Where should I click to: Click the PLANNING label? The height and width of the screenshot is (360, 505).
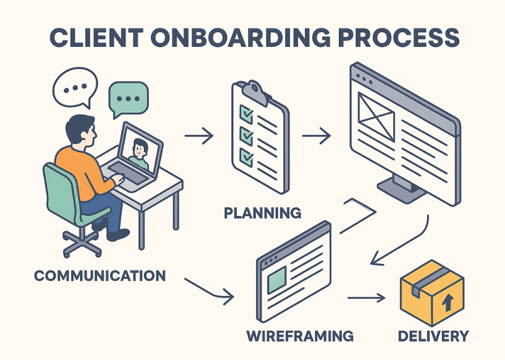263,212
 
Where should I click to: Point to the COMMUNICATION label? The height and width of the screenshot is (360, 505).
100,275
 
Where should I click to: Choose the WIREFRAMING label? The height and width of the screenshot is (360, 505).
299,334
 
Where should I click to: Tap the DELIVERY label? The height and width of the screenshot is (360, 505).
434,335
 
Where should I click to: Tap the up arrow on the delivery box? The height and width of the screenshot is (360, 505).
447,303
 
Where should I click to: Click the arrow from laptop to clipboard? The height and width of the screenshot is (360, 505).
200,135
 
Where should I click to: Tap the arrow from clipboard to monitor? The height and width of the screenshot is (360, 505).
317,135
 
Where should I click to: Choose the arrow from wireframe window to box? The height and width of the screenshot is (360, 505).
366,297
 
